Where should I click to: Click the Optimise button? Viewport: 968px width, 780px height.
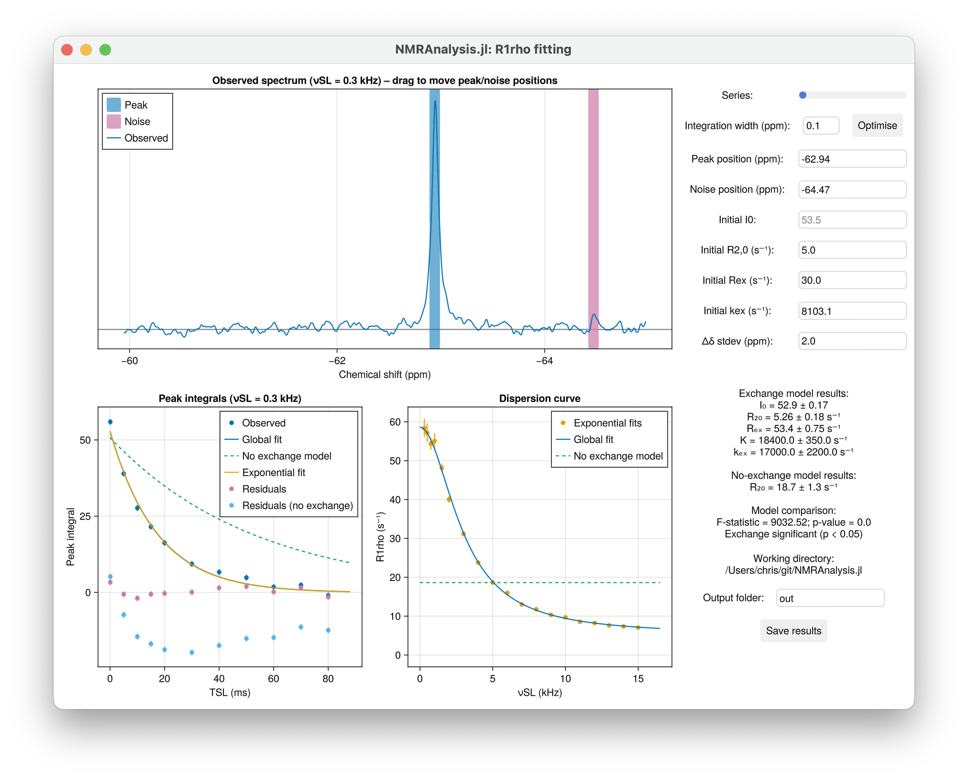(x=877, y=125)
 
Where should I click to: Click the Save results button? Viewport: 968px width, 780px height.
(x=793, y=631)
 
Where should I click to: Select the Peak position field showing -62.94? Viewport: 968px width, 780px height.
(x=852, y=159)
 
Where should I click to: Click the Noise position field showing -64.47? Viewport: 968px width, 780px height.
(x=852, y=189)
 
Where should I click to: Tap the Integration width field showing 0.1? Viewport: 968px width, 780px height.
(x=820, y=125)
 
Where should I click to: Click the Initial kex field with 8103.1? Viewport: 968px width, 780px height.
(x=852, y=311)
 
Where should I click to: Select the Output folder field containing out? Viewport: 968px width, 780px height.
(x=830, y=598)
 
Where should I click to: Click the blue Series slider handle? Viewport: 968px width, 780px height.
(x=803, y=95)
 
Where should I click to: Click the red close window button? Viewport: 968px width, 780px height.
(x=67, y=50)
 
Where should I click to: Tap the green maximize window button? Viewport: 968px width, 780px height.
(x=105, y=50)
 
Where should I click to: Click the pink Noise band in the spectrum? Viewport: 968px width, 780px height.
(x=593, y=215)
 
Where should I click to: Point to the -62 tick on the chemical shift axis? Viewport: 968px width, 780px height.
(x=337, y=361)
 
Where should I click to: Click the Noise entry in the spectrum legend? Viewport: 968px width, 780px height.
(x=137, y=122)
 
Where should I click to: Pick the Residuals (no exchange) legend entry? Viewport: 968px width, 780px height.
(x=297, y=505)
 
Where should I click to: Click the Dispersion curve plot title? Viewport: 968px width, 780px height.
(x=539, y=399)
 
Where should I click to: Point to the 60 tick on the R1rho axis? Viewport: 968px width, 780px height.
(x=395, y=422)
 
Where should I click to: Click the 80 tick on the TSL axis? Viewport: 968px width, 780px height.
(x=328, y=679)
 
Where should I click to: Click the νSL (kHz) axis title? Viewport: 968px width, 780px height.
(x=539, y=692)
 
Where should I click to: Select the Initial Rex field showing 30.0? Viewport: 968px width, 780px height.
(x=852, y=280)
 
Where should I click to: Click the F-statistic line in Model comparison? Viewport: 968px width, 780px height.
(x=793, y=522)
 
